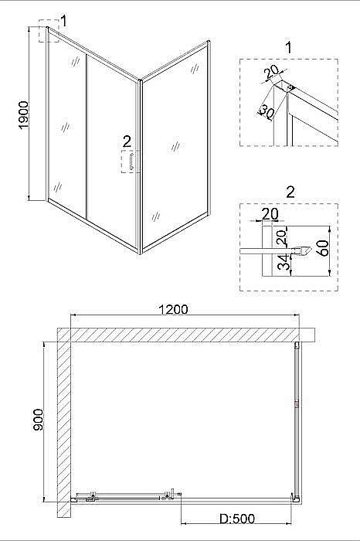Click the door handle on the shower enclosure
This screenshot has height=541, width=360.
[131, 163]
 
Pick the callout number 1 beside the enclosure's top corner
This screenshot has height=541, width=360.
[64, 21]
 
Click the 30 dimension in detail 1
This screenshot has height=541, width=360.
[267, 111]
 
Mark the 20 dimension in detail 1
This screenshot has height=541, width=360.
[271, 74]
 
